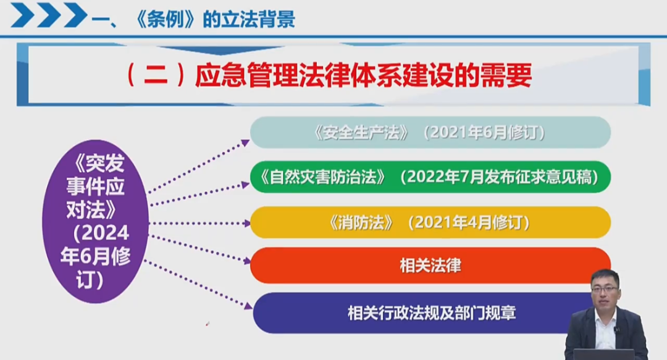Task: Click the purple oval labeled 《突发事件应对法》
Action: (95, 221)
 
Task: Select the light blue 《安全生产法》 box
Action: (430, 132)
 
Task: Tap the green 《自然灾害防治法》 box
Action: (430, 177)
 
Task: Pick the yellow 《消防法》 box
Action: (430, 222)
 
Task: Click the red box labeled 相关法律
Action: (430, 266)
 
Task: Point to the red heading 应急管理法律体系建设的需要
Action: (363, 76)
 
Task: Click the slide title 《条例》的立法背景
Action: (215, 19)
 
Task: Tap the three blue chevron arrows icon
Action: (49, 15)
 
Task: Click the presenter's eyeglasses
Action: (604, 289)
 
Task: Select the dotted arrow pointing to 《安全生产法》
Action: (199, 166)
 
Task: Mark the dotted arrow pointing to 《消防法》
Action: (199, 223)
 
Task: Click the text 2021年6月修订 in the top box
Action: (484, 133)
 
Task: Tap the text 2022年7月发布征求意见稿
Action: (500, 177)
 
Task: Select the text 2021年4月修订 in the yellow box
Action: (468, 222)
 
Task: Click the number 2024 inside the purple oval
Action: (104, 233)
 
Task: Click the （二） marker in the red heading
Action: (156, 76)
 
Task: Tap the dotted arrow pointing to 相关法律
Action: (199, 248)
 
